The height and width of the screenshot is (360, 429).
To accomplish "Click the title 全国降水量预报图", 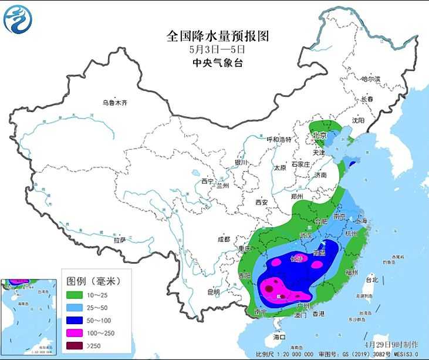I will (218, 36).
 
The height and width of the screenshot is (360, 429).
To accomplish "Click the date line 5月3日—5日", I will (218, 50).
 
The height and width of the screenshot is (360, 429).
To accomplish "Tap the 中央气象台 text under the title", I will (218, 62).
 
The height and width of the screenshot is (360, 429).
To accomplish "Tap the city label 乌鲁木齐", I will (115, 103).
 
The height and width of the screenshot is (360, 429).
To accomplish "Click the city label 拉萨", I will (120, 240).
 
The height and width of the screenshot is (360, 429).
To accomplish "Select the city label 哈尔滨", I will (370, 79).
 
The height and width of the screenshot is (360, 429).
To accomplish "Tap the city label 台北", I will (371, 280).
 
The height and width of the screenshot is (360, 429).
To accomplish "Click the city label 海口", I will (279, 337).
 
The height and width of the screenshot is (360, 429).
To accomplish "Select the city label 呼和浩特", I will (279, 140).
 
